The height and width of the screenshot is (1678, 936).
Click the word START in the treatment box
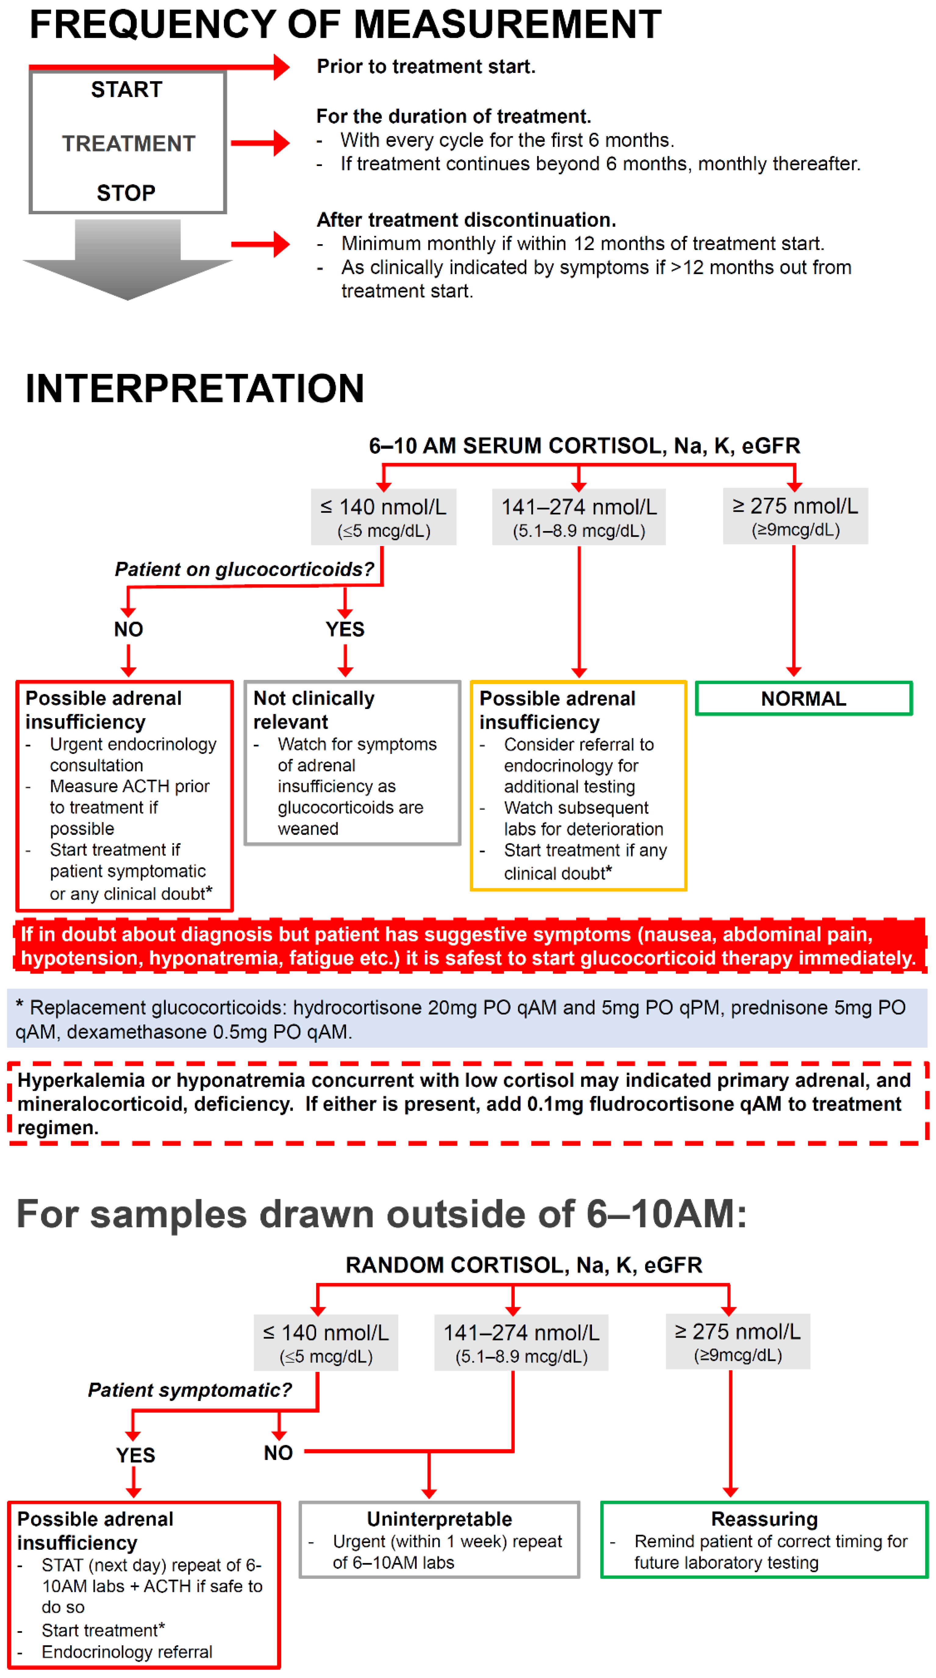[126, 89]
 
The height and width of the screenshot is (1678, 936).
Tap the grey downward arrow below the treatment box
[127, 261]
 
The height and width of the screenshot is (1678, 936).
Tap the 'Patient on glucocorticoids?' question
[244, 569]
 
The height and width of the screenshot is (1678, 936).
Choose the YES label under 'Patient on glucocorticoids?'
[345, 629]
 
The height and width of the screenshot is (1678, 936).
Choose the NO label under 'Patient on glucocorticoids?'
[128, 629]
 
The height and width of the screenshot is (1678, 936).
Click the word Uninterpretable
[439, 1519]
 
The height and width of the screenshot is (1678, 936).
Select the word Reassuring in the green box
[764, 1519]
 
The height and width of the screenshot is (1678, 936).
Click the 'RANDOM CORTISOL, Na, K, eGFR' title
[524, 1265]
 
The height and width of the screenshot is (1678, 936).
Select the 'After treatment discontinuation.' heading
[466, 220]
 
